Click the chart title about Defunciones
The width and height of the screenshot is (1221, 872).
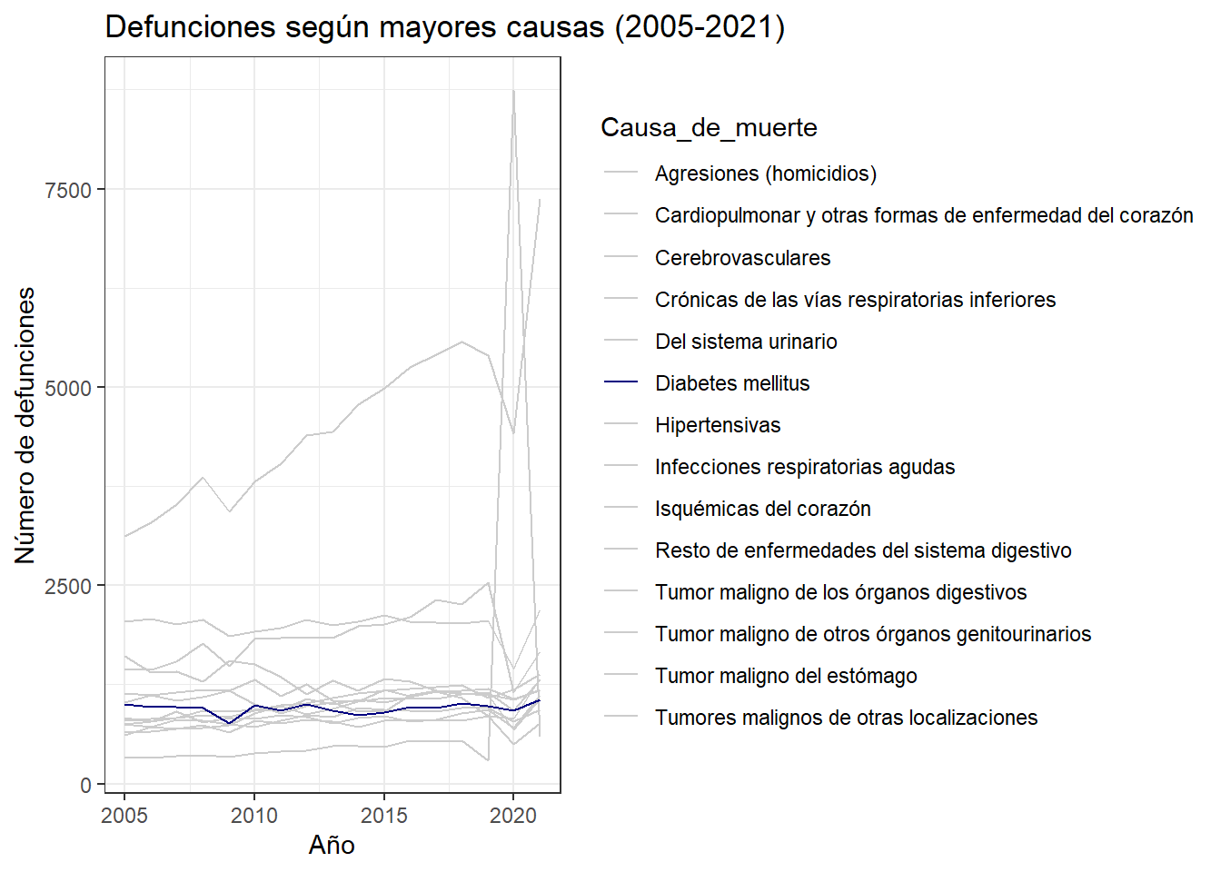coord(445,27)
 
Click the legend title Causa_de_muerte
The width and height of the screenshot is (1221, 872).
coord(709,128)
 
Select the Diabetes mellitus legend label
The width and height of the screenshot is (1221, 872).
coord(732,383)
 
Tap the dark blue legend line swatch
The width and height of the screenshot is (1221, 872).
coord(621,383)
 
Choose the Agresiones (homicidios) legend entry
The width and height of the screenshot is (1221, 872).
coord(765,173)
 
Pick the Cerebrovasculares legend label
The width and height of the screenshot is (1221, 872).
coord(742,258)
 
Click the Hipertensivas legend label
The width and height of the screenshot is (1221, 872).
coord(718,425)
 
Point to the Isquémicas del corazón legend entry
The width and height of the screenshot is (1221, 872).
coord(762,509)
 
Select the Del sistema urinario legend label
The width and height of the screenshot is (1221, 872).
coord(746,342)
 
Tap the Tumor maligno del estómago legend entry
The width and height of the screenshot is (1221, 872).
coord(786,676)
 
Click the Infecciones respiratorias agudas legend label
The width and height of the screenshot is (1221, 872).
coord(805,467)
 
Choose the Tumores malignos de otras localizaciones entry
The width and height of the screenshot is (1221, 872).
coord(846,718)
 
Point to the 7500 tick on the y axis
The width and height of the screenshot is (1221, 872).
coord(68,190)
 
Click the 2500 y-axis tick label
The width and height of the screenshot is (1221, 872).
coord(68,587)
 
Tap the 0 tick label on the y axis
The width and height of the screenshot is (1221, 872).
coord(85,785)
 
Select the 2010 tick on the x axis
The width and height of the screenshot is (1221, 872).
coord(254,816)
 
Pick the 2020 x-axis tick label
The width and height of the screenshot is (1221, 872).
coord(513,816)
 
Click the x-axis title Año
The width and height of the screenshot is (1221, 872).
coord(332,846)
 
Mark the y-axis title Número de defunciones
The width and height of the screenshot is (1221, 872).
coord(25,425)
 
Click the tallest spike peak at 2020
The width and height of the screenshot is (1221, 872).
coord(513,91)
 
